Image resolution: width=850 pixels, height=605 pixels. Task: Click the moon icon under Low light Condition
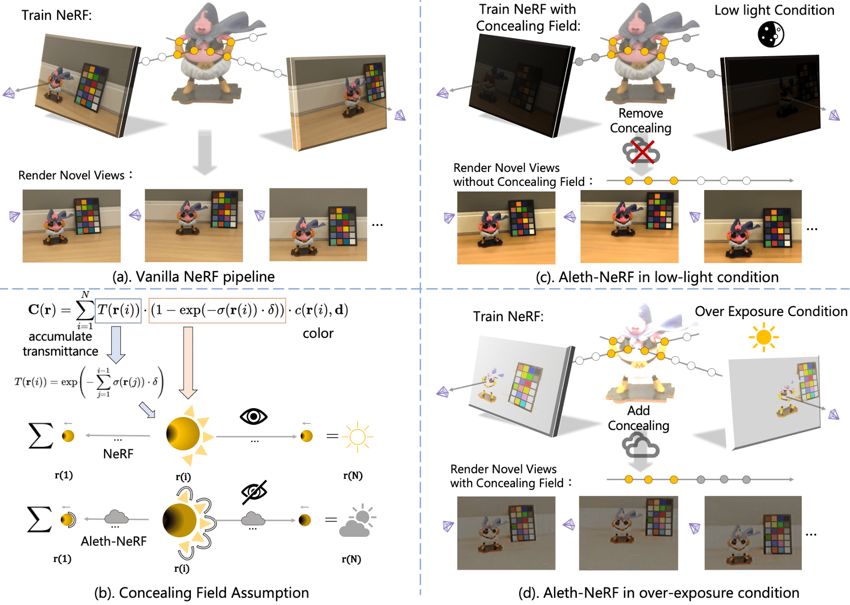[x=770, y=35]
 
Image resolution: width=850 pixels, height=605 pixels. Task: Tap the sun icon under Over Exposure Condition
[x=763, y=337]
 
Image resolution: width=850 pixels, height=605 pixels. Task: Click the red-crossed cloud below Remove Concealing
[x=641, y=152]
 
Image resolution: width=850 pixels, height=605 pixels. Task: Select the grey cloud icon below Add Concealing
[x=640, y=447]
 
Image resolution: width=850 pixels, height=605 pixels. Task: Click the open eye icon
[x=253, y=417]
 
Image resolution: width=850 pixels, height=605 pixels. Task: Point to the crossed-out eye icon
[x=254, y=492]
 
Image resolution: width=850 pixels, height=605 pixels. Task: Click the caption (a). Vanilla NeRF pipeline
[x=194, y=276]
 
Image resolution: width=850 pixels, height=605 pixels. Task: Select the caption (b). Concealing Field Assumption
[x=201, y=593]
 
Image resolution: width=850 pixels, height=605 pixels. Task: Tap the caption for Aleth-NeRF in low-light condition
[x=657, y=277]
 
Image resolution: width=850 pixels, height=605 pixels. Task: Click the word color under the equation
[x=318, y=333]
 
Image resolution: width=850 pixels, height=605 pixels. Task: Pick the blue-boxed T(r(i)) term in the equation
[x=118, y=310]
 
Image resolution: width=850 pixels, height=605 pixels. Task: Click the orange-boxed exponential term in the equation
[x=217, y=310]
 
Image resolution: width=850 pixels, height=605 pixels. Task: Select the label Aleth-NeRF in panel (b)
[x=113, y=541]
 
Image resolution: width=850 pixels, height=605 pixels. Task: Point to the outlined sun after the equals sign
[x=358, y=436]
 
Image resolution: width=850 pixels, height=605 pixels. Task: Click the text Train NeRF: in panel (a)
[x=57, y=15]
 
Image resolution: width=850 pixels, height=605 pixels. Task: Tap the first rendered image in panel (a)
[x=71, y=225]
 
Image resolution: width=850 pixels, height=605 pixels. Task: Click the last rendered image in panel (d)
[x=753, y=533]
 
